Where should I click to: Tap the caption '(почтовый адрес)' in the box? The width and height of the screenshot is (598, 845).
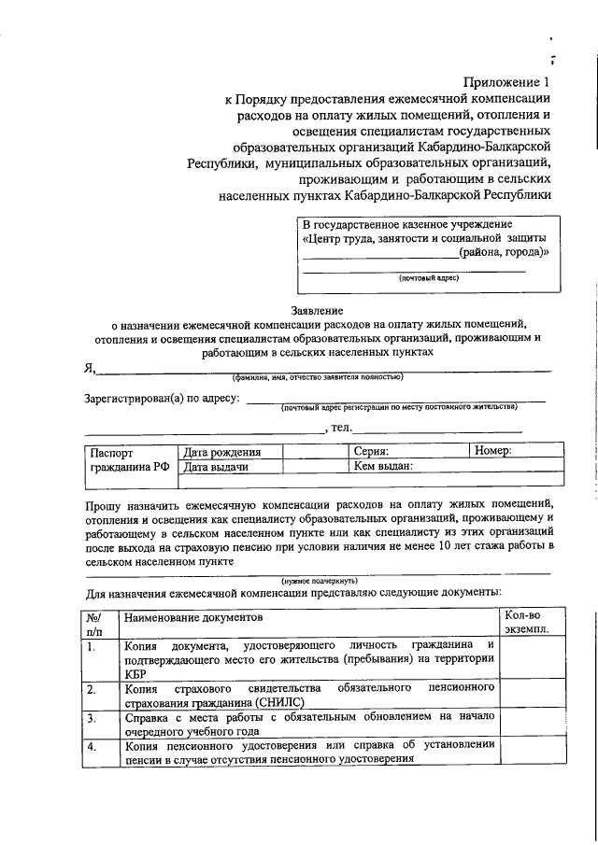[x=429, y=277]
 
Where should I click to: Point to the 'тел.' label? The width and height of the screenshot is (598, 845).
[x=339, y=428]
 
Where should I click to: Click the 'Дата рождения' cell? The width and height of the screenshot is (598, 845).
[x=221, y=452]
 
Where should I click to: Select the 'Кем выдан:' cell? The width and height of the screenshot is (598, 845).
[x=383, y=465]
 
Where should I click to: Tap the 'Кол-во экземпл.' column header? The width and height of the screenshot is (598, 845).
[x=526, y=623]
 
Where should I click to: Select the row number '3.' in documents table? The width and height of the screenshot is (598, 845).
[x=91, y=718]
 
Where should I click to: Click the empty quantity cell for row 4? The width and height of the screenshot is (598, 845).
[x=530, y=752]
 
